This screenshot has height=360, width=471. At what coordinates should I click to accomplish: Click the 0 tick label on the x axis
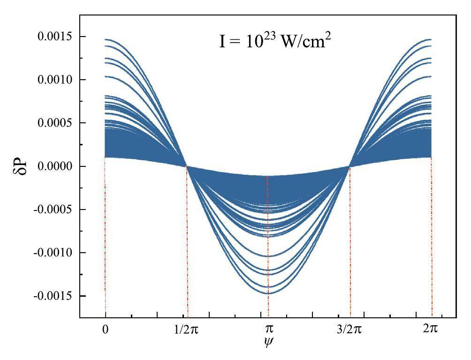[x=106, y=329]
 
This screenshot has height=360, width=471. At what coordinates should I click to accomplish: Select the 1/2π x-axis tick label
[x=188, y=329]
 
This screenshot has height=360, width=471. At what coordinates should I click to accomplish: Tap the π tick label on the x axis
[x=268, y=329]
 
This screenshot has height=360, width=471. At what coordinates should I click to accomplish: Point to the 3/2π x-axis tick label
[x=349, y=329]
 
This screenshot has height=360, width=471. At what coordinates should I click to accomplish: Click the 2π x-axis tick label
[x=430, y=329]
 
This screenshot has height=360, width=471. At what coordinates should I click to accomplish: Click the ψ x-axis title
[x=268, y=342]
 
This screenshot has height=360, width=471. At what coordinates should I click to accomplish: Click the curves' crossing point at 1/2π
[x=187, y=166]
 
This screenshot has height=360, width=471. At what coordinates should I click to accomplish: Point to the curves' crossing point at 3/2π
[x=349, y=166]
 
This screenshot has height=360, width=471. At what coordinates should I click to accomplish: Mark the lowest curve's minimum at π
[x=268, y=293]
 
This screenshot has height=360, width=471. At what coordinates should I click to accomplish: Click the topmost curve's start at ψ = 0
[x=106, y=39]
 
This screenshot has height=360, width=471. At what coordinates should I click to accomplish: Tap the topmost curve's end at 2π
[x=431, y=39]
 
